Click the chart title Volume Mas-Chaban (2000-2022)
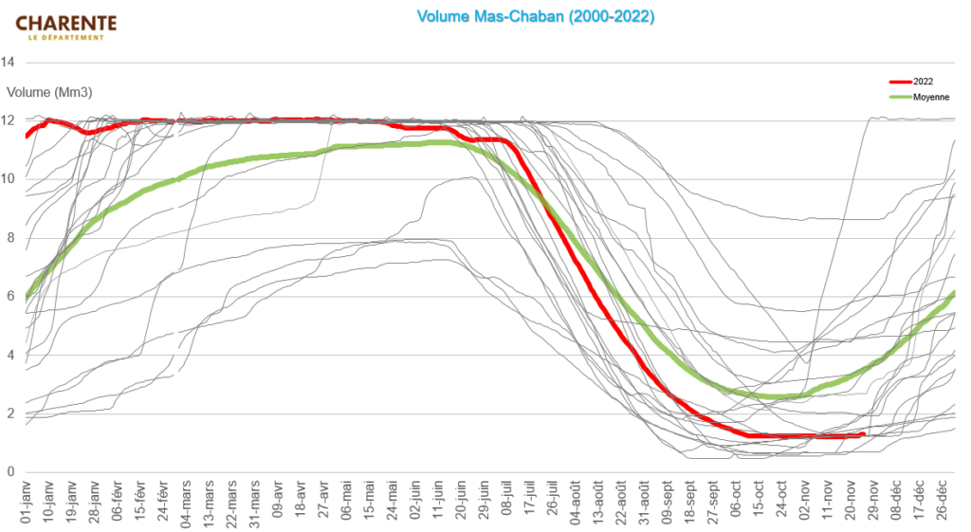(536, 17)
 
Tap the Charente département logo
(66, 26)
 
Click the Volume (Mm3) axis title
(49, 93)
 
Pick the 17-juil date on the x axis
(530, 503)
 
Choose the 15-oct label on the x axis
(760, 503)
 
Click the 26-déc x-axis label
(944, 503)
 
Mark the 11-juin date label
(438, 503)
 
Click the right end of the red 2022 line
(863, 434)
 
